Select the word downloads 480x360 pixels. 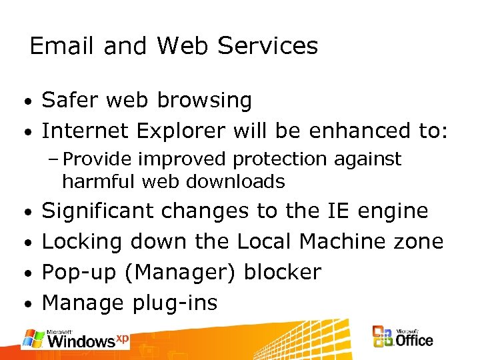pyautogui.click(x=238, y=181)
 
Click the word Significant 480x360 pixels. pyautogui.click(x=99, y=211)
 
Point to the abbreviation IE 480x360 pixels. pyautogui.click(x=338, y=211)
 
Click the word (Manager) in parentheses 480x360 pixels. pyautogui.click(x=181, y=273)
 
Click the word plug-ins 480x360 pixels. pyautogui.click(x=174, y=303)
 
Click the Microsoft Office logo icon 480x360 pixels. pyautogui.click(x=383, y=337)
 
